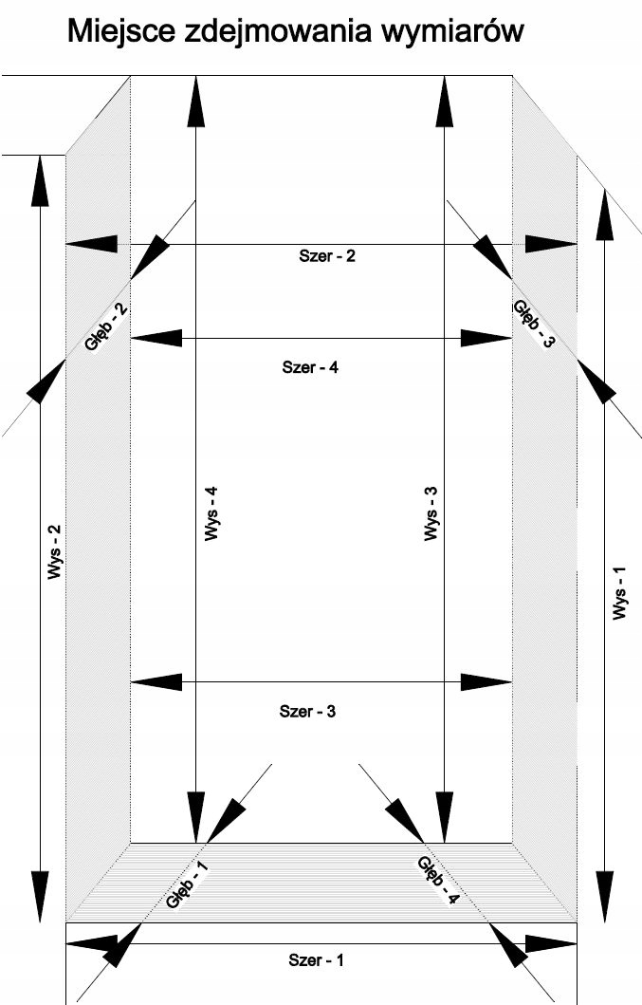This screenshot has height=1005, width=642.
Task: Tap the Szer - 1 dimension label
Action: tap(317, 960)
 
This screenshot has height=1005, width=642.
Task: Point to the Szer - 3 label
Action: tap(308, 711)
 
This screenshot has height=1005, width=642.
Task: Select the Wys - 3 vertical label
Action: tap(431, 514)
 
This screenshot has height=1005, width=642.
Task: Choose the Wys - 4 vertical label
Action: tap(211, 514)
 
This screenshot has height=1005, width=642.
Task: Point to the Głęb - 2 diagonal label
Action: tap(106, 328)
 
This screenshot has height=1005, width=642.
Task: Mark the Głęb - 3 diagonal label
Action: tap(533, 325)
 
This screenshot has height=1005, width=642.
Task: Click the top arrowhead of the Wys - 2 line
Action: tap(40, 180)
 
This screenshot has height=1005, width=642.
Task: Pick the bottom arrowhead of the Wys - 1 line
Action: tap(601, 867)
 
